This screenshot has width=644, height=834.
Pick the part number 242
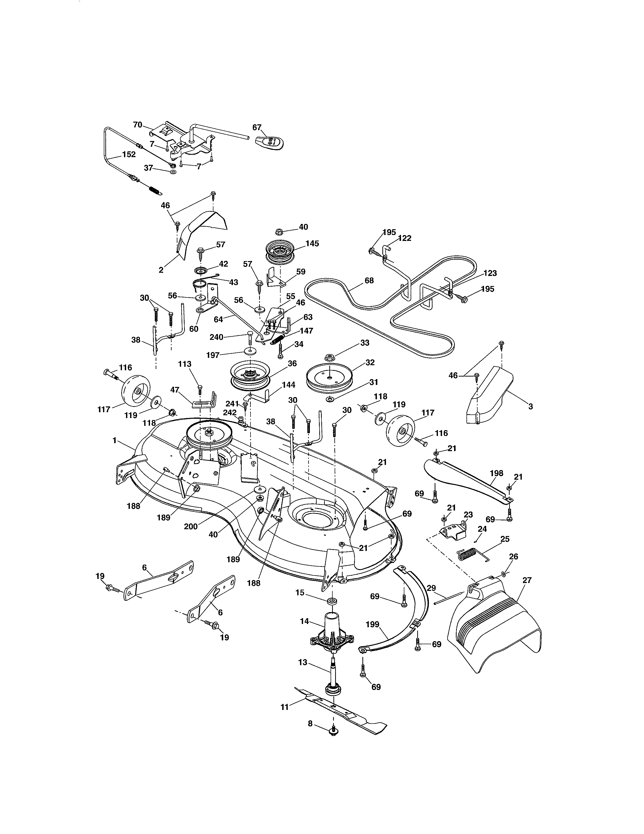point(230,412)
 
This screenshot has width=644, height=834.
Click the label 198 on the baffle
point(496,473)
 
